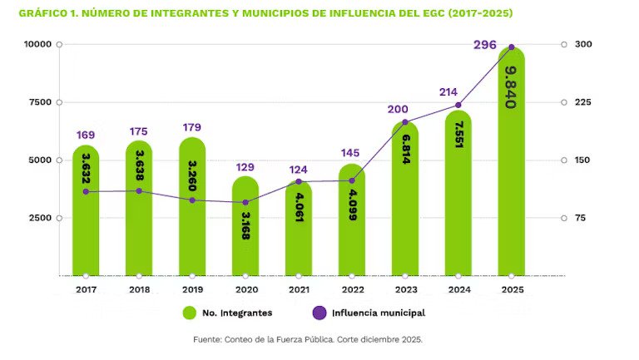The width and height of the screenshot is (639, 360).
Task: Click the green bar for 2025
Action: (x=512, y=166)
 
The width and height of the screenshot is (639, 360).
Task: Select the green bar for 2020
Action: (x=245, y=229)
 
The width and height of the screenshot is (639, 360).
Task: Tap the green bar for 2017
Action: (x=86, y=212)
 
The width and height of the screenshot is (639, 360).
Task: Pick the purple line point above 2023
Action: (x=405, y=122)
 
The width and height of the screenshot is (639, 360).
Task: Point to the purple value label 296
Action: (x=485, y=45)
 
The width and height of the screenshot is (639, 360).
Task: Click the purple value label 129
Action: (x=245, y=167)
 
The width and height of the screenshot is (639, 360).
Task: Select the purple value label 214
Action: (x=450, y=92)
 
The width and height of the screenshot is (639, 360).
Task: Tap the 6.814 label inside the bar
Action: (x=405, y=149)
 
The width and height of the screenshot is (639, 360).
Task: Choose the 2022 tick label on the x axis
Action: (x=352, y=289)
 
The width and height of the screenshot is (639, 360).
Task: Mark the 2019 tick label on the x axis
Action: (x=192, y=289)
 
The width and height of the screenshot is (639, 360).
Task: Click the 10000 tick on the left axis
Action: (x=36, y=44)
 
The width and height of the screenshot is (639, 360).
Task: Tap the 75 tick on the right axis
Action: (x=581, y=218)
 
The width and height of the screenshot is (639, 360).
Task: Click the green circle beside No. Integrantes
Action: (x=190, y=313)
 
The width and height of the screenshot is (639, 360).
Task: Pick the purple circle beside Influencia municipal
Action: (x=319, y=313)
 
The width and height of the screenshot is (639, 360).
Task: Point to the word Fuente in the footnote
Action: (x=208, y=339)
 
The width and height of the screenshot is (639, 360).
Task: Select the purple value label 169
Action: (x=86, y=135)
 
